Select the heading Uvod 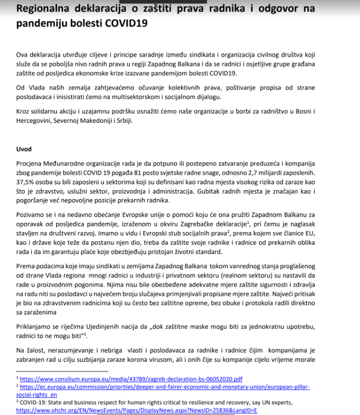coord(24,149)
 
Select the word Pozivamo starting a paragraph coord(31,215)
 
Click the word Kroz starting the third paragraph coord(23,111)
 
